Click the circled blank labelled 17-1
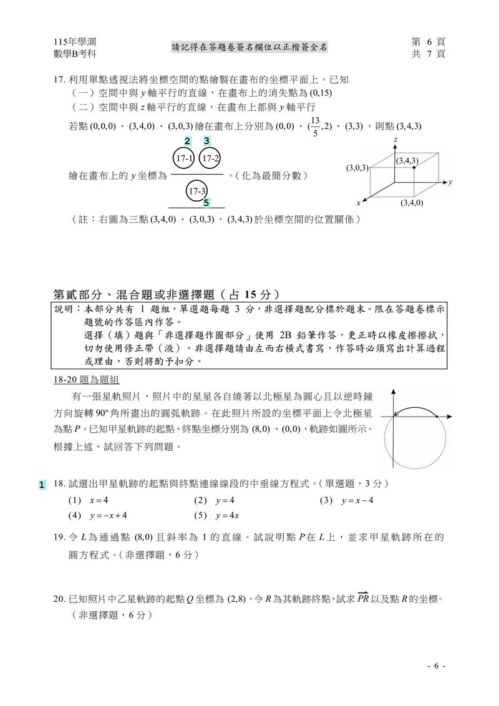[x=183, y=159]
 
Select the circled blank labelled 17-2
[x=210, y=159]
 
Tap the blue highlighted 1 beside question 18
[x=42, y=485]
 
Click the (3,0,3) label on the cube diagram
[x=357, y=167]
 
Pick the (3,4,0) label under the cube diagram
[x=412, y=203]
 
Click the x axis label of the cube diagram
[x=359, y=203]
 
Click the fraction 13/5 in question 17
[x=315, y=125]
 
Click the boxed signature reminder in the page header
[x=250, y=47]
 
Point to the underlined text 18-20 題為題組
[x=86, y=380]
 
